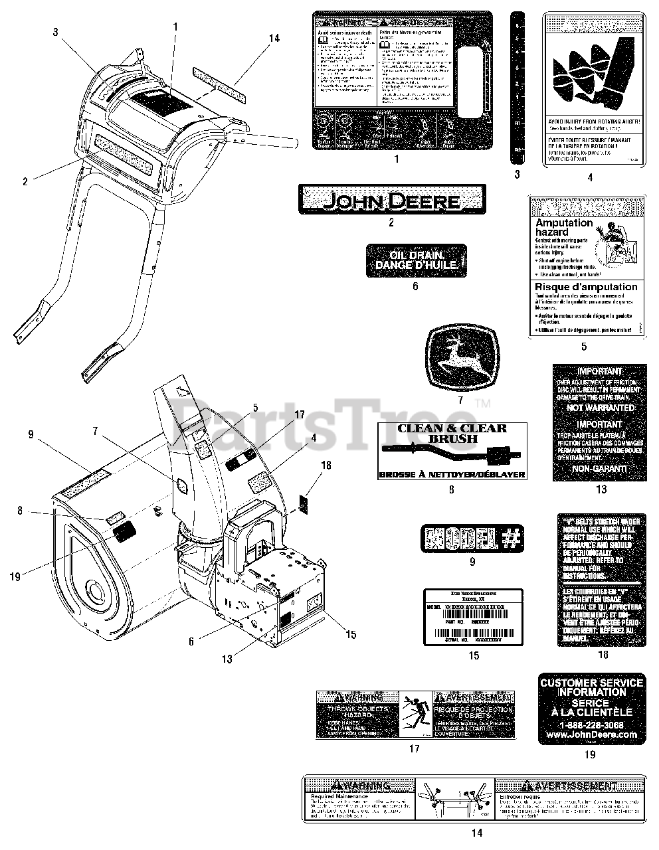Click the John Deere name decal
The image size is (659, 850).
391,199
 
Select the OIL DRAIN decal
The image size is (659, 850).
416,260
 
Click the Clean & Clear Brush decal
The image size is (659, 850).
452,451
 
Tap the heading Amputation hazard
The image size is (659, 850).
563,228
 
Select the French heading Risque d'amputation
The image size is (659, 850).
586,287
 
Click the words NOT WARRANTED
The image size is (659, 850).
601,407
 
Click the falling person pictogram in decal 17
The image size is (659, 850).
416,713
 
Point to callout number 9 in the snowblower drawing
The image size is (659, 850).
31,434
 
